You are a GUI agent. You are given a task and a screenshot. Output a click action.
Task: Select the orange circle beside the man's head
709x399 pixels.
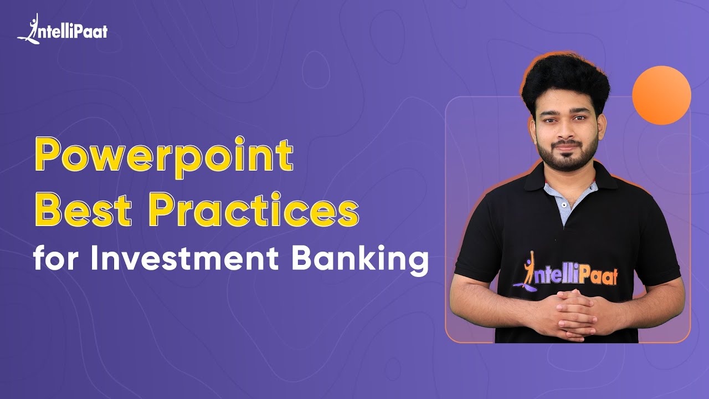[x=661, y=95]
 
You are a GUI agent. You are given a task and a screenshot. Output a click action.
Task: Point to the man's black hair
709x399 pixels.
[x=565, y=80]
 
